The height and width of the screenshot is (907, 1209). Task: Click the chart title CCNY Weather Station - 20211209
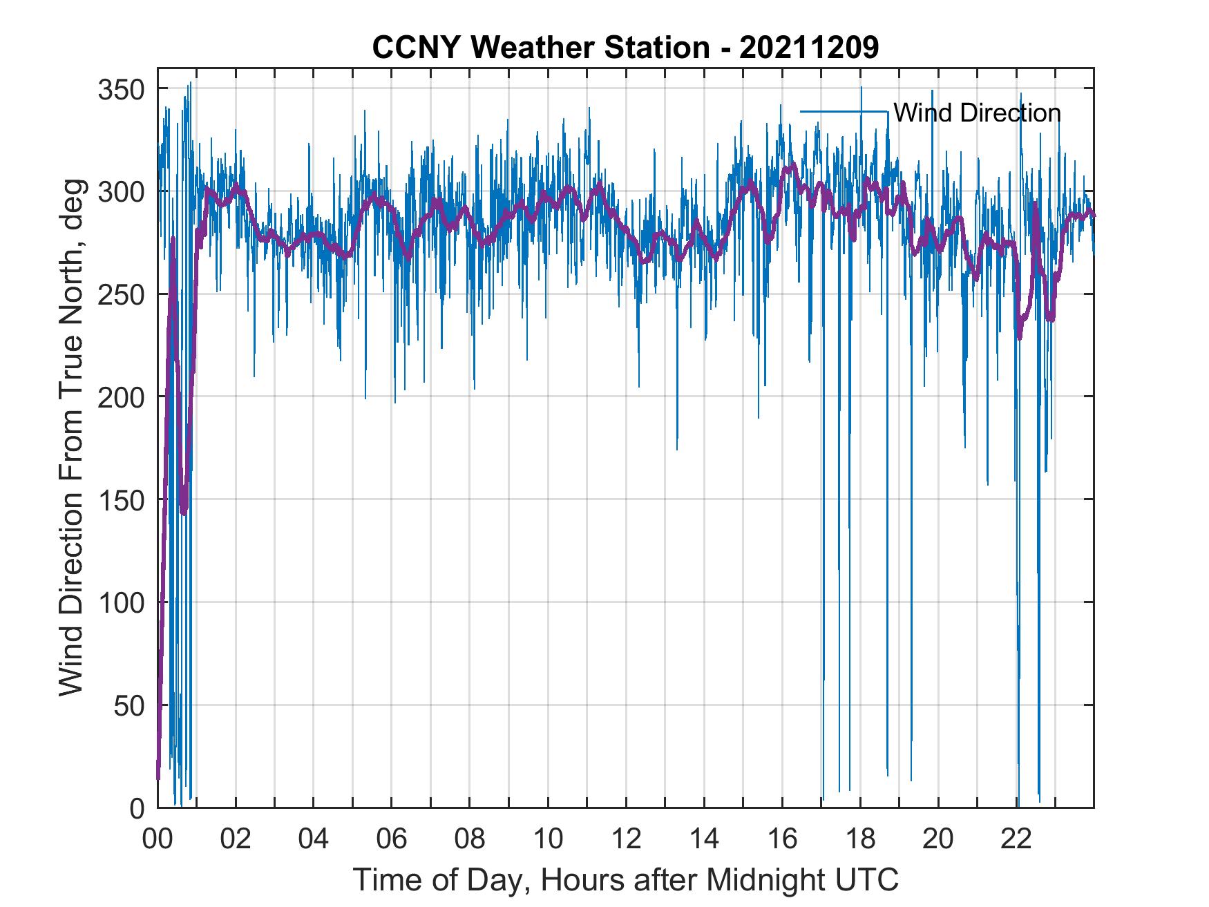point(625,47)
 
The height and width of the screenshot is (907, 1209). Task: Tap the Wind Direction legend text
point(977,113)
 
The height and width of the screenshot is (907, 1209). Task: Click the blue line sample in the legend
point(844,111)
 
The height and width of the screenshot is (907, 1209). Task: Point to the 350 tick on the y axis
point(121,90)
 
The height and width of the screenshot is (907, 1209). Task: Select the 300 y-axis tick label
point(121,192)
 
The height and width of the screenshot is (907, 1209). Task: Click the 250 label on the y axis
point(121,295)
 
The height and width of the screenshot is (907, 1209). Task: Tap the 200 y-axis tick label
point(121,398)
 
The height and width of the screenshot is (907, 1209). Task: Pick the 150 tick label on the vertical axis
point(121,500)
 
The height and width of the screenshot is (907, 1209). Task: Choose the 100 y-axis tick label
point(121,603)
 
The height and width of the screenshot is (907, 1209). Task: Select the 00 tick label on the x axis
point(158,839)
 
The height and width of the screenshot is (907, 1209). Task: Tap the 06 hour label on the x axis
point(391,839)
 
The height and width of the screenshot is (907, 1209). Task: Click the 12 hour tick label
point(625,839)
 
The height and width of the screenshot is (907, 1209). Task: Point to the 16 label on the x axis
point(782,839)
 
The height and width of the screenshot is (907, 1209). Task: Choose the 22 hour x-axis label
point(1016,839)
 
